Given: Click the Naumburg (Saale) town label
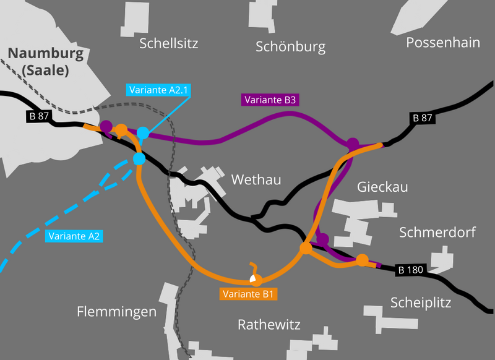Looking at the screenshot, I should (x=46, y=62).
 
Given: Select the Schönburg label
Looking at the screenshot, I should (x=290, y=47).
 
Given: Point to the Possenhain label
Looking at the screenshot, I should (x=443, y=43).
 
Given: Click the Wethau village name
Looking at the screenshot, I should (x=256, y=180).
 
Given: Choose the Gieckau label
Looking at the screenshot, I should (x=382, y=187).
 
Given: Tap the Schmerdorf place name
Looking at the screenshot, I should (x=437, y=233).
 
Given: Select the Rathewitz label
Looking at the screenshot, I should (x=269, y=325).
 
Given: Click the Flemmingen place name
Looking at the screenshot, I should (x=117, y=312).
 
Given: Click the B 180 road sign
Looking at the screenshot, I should (x=410, y=270).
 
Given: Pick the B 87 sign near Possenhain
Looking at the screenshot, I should (x=422, y=118).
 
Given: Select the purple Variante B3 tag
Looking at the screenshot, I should (x=271, y=99).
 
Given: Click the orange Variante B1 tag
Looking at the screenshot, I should (x=249, y=294).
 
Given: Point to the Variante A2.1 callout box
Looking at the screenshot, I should (x=158, y=90).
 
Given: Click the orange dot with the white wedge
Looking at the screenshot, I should (x=254, y=279).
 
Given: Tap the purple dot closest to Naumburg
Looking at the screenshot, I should (x=106, y=127).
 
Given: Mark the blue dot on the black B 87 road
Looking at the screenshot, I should (x=139, y=160).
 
